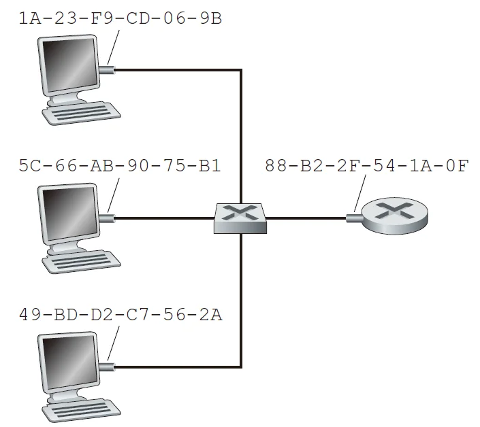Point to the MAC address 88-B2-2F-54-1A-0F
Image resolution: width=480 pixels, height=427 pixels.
[366, 166]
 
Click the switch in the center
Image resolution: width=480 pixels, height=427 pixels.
[240, 218]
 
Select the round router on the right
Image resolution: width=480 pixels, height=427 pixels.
[394, 217]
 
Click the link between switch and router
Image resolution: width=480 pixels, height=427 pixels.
[306, 218]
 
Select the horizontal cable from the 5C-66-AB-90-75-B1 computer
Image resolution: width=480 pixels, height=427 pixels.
[163, 218]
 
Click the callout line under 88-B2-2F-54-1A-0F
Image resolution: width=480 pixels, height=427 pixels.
[360, 194]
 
